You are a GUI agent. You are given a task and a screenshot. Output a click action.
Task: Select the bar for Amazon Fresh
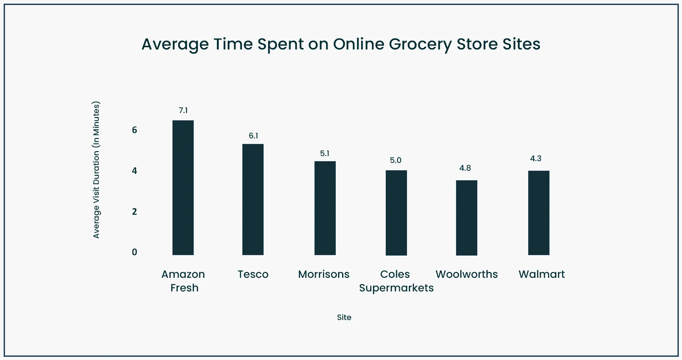[183, 187]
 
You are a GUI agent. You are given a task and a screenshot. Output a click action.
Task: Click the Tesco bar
[253, 199]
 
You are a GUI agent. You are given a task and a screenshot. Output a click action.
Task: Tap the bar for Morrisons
[325, 208]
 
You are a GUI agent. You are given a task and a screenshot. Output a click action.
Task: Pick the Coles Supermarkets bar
[396, 212]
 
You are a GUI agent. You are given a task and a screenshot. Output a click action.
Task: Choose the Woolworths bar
[466, 217]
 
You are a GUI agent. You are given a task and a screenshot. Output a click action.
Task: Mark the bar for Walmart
[539, 212]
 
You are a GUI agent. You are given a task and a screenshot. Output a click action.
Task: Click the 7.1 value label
[183, 110]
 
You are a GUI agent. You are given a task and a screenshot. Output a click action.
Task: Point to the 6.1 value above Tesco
[253, 135]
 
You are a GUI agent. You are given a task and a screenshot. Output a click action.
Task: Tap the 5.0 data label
[396, 160]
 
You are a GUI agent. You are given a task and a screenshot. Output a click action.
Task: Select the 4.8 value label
[465, 168]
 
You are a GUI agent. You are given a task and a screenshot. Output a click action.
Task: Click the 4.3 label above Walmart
[536, 159]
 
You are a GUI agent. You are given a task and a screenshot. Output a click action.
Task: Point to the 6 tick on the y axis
[134, 130]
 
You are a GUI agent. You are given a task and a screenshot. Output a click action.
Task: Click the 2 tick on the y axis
[134, 212]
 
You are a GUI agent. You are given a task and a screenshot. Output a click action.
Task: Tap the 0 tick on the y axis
[134, 252]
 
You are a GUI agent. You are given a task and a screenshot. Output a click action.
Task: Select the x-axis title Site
[344, 317]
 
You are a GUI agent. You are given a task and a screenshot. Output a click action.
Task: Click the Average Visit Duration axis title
[96, 170]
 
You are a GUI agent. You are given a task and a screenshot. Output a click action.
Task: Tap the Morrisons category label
[324, 274]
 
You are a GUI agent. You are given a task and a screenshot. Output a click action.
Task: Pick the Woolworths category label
[466, 274]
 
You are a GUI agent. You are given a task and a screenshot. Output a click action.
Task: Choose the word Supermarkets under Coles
[396, 288]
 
